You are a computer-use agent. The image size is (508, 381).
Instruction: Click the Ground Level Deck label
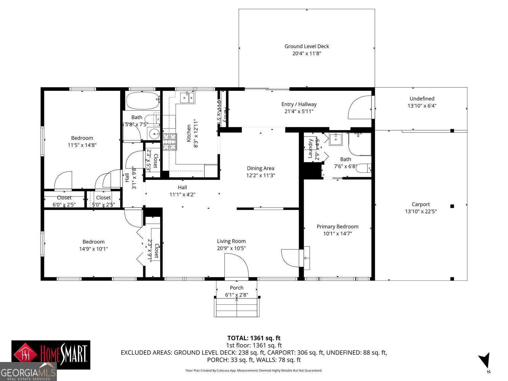pos(306,46)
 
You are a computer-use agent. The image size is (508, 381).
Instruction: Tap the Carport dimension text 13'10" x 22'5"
pos(421,211)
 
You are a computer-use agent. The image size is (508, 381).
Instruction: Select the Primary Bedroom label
pos(337,227)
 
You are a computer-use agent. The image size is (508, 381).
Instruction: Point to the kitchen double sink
pos(187,98)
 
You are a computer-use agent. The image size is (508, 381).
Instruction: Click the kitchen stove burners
pos(170,142)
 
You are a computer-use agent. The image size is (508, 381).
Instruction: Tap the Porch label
pos(236,288)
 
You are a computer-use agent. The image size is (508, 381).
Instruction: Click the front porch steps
pos(237,308)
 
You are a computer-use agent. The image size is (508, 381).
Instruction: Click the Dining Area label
pos(260,168)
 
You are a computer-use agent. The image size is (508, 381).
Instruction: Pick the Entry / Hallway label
pos(299,104)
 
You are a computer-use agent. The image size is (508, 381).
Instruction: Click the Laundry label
pos(310,148)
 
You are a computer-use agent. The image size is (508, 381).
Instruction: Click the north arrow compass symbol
pos(486,361)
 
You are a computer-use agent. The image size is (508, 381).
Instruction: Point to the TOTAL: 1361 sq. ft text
pos(254,338)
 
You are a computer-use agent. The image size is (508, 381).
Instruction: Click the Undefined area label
pos(422,99)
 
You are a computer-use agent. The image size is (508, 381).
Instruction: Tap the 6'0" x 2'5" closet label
pos(64,205)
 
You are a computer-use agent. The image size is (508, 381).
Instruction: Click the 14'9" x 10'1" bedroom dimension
pos(93,249)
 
